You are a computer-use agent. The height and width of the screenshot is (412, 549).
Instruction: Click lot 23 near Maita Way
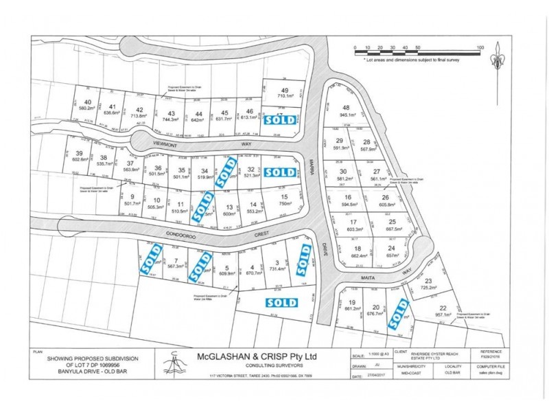coord(429,284)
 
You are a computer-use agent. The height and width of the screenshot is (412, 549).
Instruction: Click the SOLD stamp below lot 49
coord(282,119)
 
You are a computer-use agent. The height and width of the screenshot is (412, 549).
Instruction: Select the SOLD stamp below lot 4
coord(281,302)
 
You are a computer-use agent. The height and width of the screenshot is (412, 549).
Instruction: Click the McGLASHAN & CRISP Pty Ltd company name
coord(257,356)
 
